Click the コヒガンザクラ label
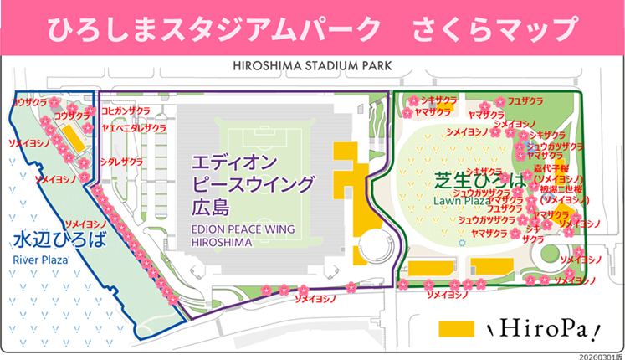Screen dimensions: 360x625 coord(126,111)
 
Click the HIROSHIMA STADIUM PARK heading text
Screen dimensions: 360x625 coord(312,64)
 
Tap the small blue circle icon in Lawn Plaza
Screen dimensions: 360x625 coord(461,242)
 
